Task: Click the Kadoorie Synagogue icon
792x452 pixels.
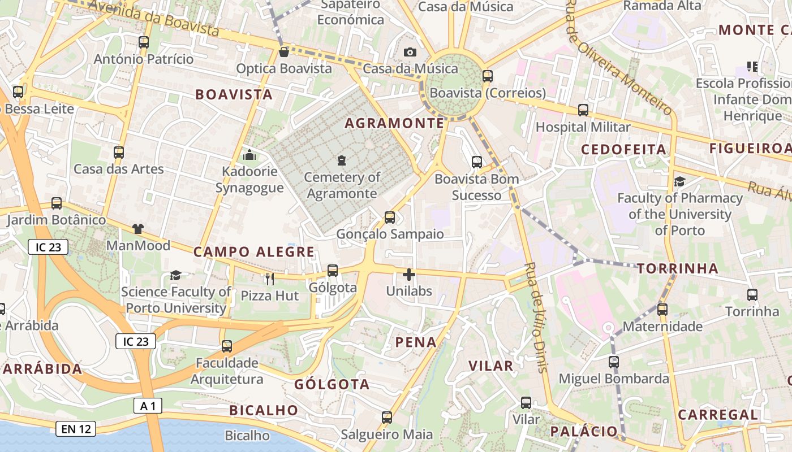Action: tap(249, 154)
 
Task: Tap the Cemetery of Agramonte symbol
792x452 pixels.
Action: tap(341, 161)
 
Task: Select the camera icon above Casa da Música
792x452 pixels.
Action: tap(410, 52)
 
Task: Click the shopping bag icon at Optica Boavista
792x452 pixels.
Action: tap(284, 52)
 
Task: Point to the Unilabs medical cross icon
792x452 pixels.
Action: tap(408, 275)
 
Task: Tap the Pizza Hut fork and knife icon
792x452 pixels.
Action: tap(270, 279)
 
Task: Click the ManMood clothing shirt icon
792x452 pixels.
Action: tap(138, 229)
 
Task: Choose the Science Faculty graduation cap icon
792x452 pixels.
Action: tap(175, 275)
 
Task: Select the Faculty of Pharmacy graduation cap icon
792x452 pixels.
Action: tap(679, 181)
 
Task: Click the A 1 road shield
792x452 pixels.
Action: tap(148, 405)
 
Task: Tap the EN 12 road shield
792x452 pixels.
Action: tap(76, 429)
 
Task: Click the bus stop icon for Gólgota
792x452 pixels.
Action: tap(333, 271)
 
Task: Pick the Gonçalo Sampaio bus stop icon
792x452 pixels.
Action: tap(389, 217)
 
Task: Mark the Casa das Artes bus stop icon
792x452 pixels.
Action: tap(118, 152)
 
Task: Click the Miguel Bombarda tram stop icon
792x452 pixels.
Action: tap(614, 362)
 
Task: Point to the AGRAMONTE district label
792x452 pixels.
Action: tap(394, 123)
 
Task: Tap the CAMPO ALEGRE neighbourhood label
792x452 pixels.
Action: tap(254, 252)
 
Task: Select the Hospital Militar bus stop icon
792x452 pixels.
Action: tap(583, 110)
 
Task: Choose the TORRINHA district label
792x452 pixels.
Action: tap(678, 268)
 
